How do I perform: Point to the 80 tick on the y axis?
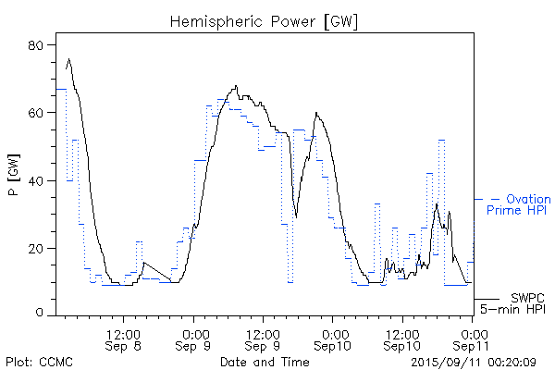pos(40,45)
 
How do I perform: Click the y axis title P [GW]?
pos(14,179)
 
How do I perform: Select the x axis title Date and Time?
pos(259,361)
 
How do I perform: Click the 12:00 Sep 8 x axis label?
pos(124,339)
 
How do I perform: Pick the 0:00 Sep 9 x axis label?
pos(194,339)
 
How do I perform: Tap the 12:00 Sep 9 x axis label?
pos(264,339)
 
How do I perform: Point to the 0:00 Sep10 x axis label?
pos(333,339)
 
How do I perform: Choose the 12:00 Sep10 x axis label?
pos(402,339)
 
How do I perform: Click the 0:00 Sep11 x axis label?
pos(474,339)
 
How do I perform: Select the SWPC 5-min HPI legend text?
pos(511,303)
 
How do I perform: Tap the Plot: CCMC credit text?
pos(39,361)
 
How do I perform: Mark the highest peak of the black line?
pos(68,59)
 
